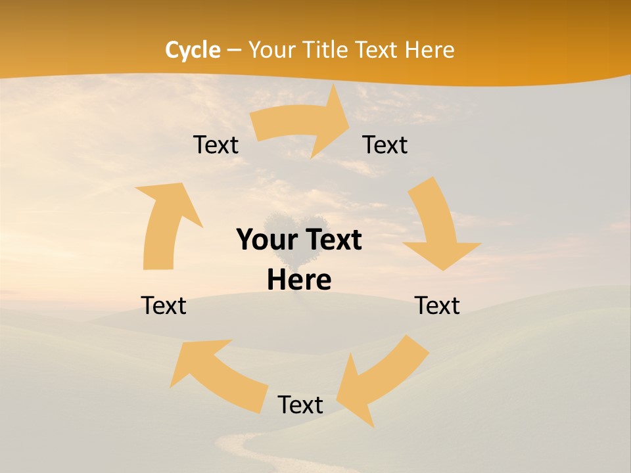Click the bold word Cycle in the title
click(193, 50)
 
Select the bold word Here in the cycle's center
click(299, 280)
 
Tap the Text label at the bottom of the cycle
click(300, 405)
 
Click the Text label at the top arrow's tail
click(216, 145)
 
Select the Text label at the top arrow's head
click(385, 145)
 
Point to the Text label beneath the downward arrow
click(437, 305)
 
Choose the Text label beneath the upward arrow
click(164, 305)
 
